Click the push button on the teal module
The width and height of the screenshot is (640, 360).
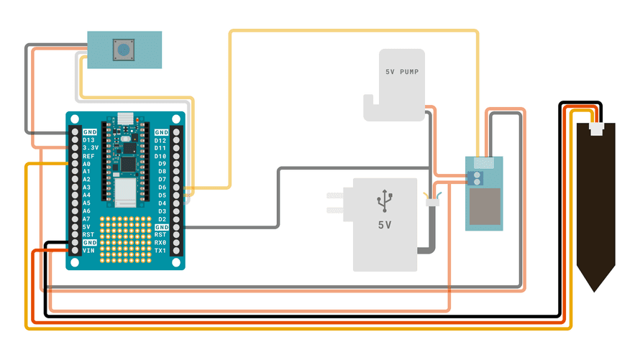pos(125,50)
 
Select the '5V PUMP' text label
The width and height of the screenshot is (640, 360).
pos(400,73)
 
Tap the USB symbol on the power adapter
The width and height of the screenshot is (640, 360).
pos(385,201)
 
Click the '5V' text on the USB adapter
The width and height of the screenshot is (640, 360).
pos(385,225)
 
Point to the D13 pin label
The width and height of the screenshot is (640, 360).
pos(88,140)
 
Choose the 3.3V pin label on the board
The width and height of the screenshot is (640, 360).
pos(90,148)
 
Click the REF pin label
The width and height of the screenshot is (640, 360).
pos(88,156)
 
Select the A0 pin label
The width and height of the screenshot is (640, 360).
pos(86,164)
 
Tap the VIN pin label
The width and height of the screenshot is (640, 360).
pos(88,251)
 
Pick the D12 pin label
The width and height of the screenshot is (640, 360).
pos(160,140)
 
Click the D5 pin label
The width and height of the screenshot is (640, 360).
pos(162,195)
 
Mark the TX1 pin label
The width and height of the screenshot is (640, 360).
pos(160,251)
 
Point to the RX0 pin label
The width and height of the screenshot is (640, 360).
pos(160,243)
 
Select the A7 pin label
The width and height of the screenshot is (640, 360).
pos(86,219)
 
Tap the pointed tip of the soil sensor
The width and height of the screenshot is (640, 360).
pos(595,287)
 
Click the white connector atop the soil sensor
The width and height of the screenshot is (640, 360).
pos(595,130)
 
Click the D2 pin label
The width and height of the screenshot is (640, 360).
pos(162,219)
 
